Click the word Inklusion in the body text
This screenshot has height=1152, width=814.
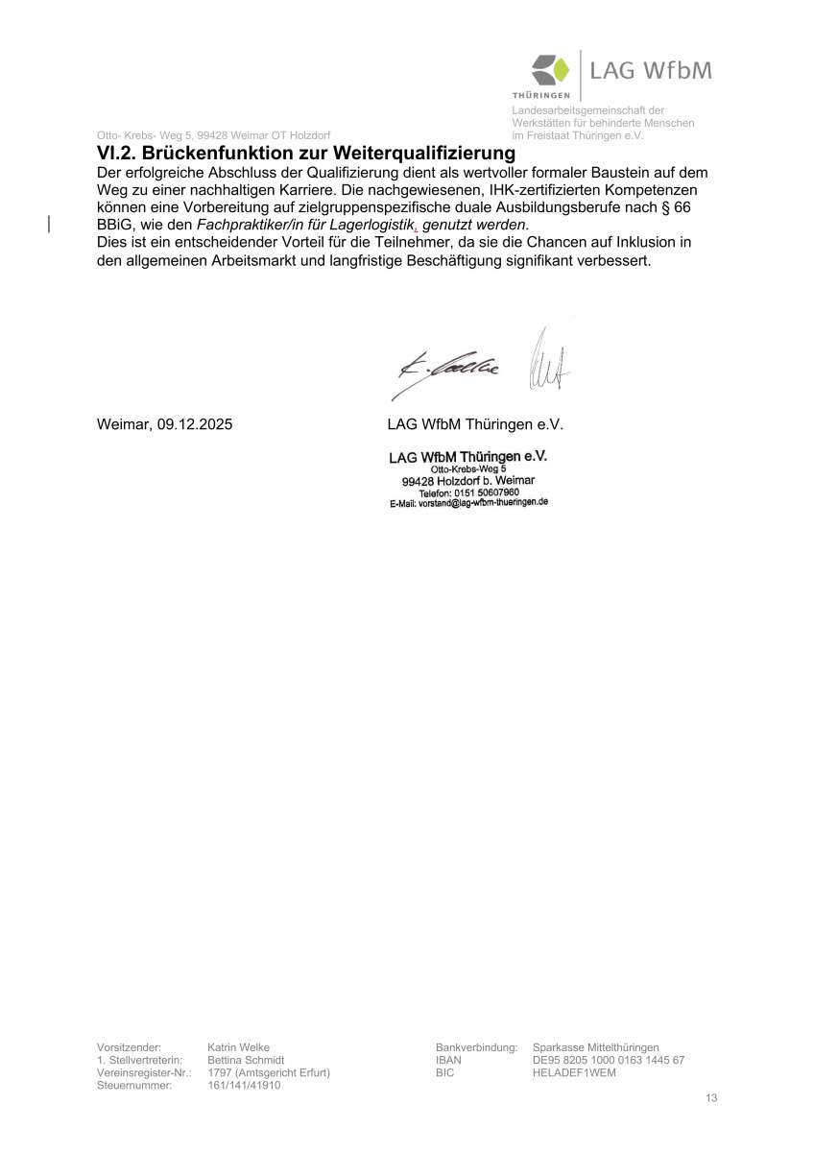[638, 243]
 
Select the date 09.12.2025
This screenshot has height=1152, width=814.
[192, 423]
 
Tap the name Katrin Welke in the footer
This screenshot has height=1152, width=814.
[238, 1047]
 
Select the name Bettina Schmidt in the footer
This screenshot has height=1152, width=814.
[246, 1060]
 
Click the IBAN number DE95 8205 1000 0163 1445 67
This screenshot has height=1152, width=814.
[608, 1060]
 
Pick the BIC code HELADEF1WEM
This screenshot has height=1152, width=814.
[573, 1072]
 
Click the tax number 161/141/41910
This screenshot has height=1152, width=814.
[244, 1085]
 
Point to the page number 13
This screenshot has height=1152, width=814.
[710, 1098]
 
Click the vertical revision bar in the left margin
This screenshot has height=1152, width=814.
[49, 225]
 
